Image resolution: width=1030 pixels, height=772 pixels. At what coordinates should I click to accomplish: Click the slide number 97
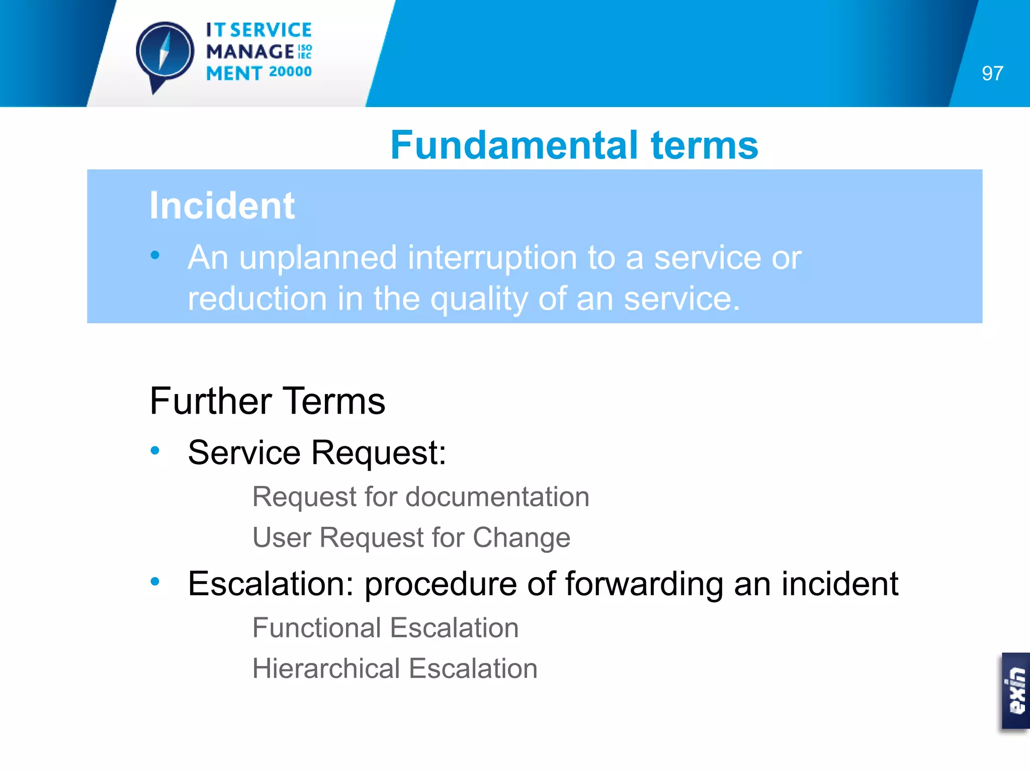[x=992, y=73]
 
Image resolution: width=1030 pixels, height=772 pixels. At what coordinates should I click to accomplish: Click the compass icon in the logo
[x=165, y=53]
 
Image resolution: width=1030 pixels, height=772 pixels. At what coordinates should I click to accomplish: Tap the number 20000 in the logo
[x=290, y=72]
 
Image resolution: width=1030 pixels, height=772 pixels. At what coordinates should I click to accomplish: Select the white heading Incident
[x=222, y=206]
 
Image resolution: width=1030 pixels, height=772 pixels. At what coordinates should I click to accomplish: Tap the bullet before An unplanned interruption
[x=155, y=255]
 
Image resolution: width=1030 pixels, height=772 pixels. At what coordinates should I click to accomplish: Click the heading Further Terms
[x=267, y=401]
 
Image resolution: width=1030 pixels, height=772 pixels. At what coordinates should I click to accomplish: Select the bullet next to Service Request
[x=155, y=450]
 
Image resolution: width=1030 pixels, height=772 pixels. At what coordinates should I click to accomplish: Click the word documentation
[x=497, y=497]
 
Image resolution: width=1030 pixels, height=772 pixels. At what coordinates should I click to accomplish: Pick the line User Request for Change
[x=411, y=537]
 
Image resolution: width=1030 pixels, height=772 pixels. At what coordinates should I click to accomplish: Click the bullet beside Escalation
[x=155, y=582]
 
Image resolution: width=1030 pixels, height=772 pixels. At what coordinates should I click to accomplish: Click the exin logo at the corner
[x=1015, y=691]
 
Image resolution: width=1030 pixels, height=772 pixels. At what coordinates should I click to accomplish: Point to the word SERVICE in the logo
[x=271, y=30]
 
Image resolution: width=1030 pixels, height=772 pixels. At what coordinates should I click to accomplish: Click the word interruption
[x=491, y=257]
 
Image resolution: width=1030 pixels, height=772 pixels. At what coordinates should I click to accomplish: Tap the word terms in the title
[x=704, y=145]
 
